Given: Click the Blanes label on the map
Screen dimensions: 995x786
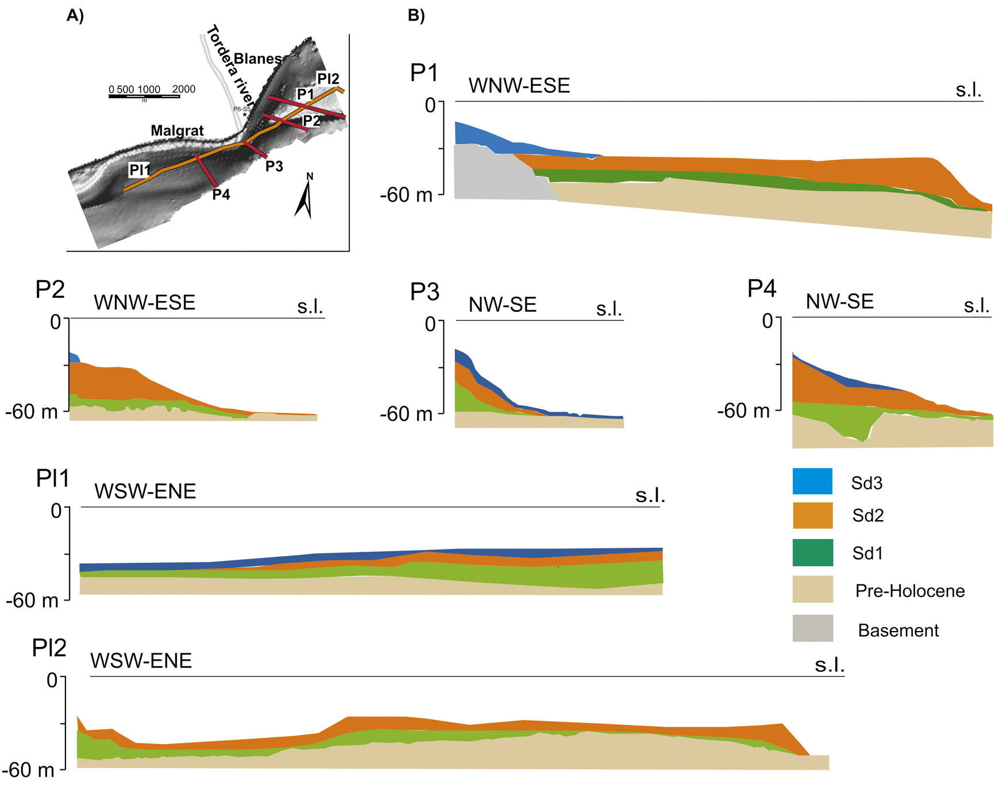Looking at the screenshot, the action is [x=258, y=59].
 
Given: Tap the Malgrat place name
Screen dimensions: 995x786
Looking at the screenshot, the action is [x=177, y=131].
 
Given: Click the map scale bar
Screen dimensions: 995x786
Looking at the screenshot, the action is [x=144, y=96].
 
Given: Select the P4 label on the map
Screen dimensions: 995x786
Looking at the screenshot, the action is [x=221, y=195].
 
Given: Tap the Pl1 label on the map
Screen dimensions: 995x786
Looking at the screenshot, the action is [x=140, y=170].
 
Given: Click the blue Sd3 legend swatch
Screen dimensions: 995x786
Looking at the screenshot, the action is [x=812, y=481].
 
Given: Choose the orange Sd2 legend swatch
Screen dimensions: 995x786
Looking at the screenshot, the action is [x=812, y=516].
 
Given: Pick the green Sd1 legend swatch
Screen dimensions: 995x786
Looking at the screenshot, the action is [x=812, y=552].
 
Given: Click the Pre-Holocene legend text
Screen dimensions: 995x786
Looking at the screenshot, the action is [x=910, y=591].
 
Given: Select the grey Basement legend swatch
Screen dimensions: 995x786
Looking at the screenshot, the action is [x=812, y=628].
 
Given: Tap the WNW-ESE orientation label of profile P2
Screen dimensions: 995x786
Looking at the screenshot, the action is [x=144, y=303].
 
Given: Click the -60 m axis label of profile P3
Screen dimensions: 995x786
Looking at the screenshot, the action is [x=406, y=413].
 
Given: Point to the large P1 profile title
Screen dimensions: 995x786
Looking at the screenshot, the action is [x=425, y=73].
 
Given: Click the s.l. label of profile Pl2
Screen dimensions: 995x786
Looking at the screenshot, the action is [x=830, y=665].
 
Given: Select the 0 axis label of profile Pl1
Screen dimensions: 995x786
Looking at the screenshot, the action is [x=56, y=510].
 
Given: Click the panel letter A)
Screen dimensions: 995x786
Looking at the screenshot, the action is [x=75, y=16].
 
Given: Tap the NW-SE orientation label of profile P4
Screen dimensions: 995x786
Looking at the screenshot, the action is [x=840, y=301].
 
